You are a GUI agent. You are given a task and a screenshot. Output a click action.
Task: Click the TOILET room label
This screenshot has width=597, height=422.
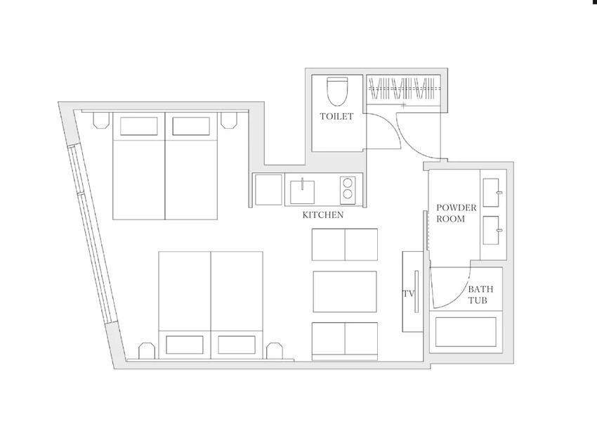pos(336,116)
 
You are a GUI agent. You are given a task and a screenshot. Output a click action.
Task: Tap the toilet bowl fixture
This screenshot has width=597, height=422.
pos(337,91)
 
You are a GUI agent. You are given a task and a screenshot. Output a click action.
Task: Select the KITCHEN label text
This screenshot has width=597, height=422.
pos(323,215)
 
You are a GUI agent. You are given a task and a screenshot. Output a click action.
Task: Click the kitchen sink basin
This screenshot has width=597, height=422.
pos(302,192)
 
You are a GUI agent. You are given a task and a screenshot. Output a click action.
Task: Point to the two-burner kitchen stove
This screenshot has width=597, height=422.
pos(348,188)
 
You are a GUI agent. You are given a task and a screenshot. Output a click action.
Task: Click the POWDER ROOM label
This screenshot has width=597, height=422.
pos(456,213)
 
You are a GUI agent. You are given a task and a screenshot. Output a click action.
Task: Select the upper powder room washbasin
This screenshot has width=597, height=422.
pos(492,193)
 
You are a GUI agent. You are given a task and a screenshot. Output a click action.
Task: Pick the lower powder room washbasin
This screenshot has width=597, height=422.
pos(492,230)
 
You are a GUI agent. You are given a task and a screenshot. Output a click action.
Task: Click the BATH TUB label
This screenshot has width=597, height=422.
pos(480,295)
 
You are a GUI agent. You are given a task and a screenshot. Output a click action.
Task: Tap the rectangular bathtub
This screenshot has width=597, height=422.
pos(466,332)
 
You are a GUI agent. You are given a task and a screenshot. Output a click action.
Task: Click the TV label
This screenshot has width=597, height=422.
pos(409,293)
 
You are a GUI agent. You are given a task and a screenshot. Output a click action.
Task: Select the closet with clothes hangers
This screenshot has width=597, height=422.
pos(404,91)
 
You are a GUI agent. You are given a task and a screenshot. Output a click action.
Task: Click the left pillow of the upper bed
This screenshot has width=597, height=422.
pos(139,126)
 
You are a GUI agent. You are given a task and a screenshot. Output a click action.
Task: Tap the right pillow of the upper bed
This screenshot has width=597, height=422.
pos(191,126)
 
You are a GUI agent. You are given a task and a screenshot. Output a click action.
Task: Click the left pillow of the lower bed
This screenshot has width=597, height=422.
pos(185,345)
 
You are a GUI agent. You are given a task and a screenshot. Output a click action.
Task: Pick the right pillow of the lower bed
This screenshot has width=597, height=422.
pos(237,345)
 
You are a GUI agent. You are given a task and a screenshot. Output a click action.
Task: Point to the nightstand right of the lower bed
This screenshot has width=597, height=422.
pos(274,351)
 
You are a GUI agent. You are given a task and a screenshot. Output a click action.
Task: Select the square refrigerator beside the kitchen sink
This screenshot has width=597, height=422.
pos(268,189)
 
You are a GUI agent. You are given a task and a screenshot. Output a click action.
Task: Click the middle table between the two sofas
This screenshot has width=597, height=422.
pos(345,292)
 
